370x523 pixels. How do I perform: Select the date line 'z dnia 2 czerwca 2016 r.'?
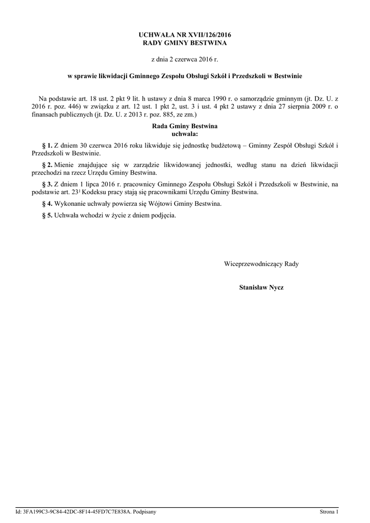click(x=185, y=60)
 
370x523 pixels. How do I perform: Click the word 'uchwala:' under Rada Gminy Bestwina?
click(x=185, y=133)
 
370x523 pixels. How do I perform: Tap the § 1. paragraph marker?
click(x=47, y=146)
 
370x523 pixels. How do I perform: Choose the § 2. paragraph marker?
click(x=47, y=165)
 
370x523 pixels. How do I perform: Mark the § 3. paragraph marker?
click(x=47, y=184)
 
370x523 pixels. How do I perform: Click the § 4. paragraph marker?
click(x=47, y=204)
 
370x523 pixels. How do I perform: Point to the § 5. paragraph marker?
click(x=47, y=216)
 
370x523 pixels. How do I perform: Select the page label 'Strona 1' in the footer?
click(x=329, y=511)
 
